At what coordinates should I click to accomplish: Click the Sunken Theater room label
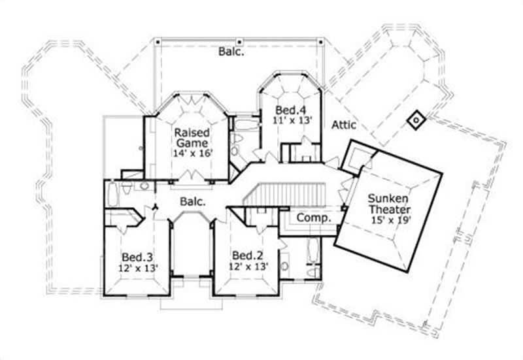[x=389, y=203]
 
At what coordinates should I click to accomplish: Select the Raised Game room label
[x=191, y=137]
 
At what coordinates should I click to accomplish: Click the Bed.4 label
[x=288, y=110]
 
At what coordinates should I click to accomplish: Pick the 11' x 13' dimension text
[x=288, y=120]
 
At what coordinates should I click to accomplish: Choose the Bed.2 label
[x=247, y=255]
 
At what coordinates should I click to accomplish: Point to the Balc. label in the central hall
[x=193, y=202]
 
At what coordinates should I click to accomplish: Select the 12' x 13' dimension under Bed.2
[x=247, y=267]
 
